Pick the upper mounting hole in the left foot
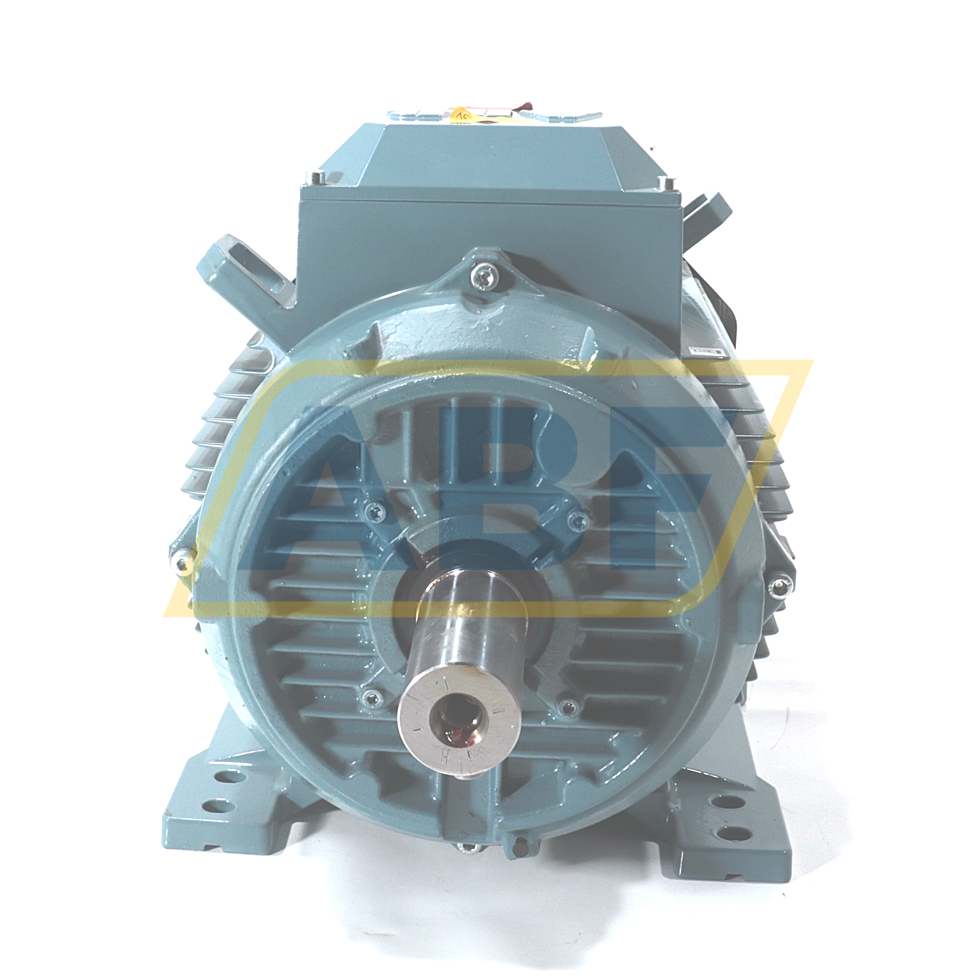[x=221, y=791]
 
